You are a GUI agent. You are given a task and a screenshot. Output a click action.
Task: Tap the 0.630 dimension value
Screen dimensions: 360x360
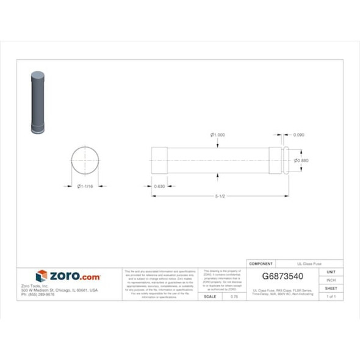click(160, 185)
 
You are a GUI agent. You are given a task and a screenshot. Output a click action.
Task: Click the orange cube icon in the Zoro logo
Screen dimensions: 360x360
click(41, 276)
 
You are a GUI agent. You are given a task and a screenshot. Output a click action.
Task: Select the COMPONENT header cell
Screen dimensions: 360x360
click(262, 263)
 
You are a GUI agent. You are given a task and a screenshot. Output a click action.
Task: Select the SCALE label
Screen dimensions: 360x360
click(209, 296)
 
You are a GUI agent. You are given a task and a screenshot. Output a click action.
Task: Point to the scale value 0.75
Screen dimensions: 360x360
click(234, 296)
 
